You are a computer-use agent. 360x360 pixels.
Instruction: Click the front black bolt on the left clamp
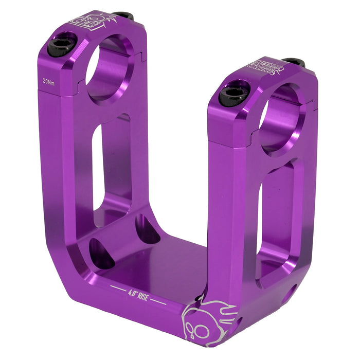62,46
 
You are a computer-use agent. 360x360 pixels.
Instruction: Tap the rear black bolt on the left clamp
123,16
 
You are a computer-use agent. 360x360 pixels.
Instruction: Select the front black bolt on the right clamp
233,95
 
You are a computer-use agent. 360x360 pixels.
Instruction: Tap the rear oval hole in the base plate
147,229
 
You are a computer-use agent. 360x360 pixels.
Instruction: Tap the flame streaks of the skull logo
221,311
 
